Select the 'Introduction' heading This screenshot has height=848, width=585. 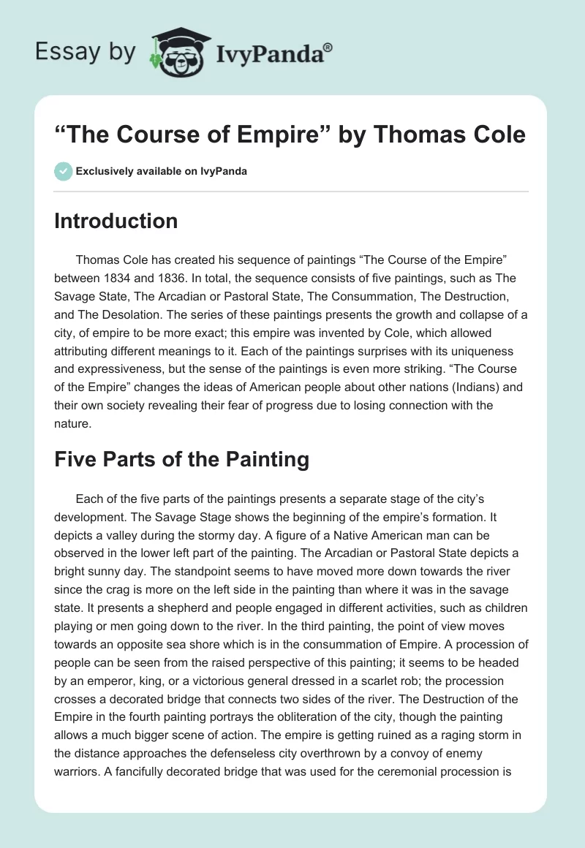point(116,221)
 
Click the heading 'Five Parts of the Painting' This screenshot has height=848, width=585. point(181,459)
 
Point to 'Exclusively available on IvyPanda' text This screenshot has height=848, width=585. point(161,171)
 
